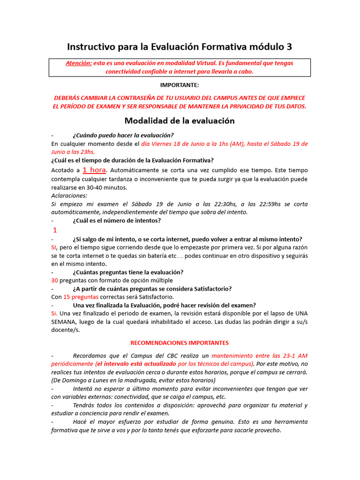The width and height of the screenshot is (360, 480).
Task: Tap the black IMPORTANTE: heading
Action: (x=180, y=85)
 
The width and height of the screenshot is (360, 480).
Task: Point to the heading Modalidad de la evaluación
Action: (x=180, y=120)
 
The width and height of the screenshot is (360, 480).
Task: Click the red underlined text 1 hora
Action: (x=94, y=170)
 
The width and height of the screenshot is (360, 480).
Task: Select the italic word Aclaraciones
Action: (x=69, y=195)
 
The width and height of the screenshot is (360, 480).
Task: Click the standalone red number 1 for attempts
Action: (x=55, y=230)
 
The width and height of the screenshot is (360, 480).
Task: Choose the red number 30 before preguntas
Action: (x=54, y=280)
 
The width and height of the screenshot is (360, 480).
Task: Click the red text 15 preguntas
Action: (x=81, y=297)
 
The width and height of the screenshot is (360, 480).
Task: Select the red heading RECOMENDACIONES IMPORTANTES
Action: (x=180, y=343)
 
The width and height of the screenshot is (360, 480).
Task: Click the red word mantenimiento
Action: (x=235, y=356)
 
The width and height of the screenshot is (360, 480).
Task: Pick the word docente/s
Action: (x=66, y=330)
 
